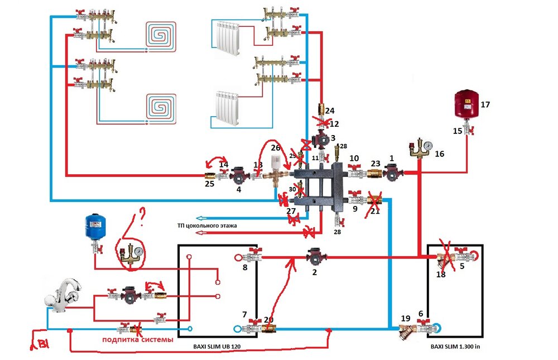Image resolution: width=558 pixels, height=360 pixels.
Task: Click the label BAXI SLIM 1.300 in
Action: point(455,346)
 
